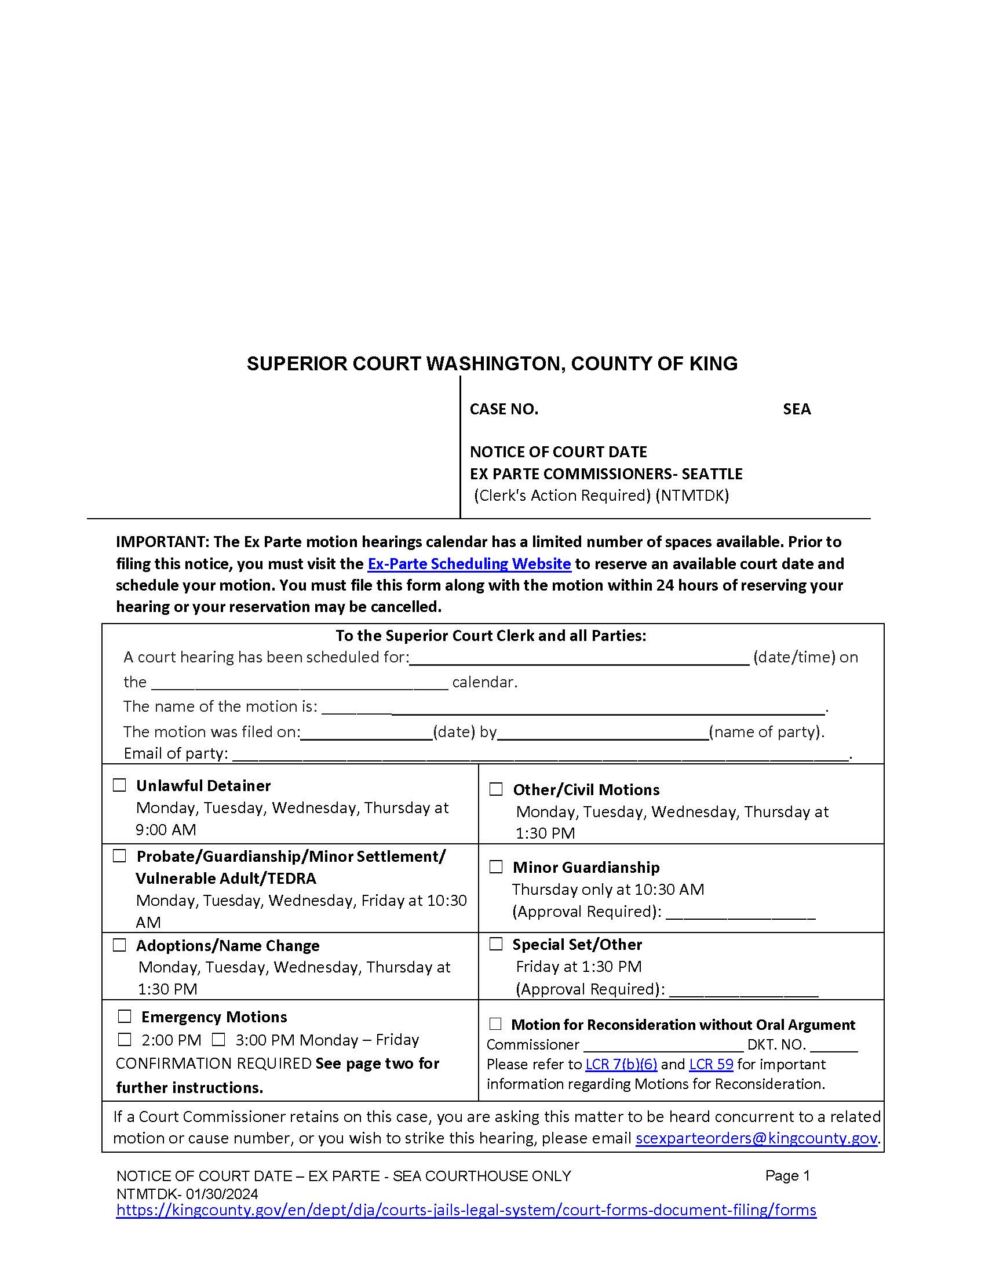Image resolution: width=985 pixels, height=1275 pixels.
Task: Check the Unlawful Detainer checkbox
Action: [119, 785]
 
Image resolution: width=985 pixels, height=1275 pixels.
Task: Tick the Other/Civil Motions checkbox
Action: [495, 789]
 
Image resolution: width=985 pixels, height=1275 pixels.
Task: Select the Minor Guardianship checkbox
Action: [495, 867]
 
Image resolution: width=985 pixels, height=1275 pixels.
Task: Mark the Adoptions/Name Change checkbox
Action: [119, 945]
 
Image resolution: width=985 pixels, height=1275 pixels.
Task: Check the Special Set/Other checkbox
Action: [495, 944]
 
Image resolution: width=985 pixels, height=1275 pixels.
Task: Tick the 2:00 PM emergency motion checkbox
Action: [125, 1040]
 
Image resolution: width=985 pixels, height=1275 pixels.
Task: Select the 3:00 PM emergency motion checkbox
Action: [218, 1040]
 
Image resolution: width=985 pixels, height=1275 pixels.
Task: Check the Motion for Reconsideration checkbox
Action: [495, 1024]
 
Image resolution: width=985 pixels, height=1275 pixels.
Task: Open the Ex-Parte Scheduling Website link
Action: [469, 564]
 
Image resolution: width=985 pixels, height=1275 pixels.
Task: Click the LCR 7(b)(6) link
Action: [621, 1064]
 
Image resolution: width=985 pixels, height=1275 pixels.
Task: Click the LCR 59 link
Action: [711, 1064]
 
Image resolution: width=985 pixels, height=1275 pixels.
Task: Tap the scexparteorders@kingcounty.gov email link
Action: [756, 1138]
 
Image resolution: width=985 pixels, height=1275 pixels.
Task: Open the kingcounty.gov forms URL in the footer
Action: [466, 1210]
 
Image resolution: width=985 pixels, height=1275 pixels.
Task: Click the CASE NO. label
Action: [504, 409]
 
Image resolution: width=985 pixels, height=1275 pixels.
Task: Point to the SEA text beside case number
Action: [797, 409]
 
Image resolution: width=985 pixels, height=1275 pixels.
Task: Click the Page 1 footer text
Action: [787, 1176]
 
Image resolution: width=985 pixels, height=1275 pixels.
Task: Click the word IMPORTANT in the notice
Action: [162, 542]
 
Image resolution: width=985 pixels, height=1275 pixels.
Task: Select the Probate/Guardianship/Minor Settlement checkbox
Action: [119, 856]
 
